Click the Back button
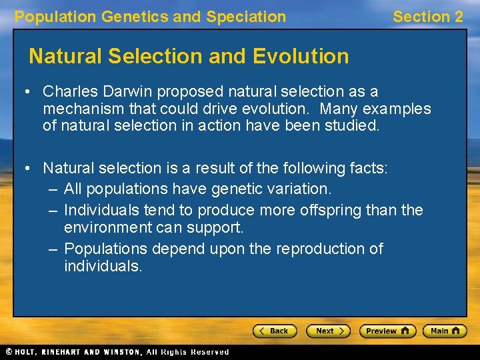click(x=274, y=331)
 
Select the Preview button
click(x=387, y=331)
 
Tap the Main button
click(x=445, y=331)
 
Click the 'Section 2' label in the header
click(x=427, y=17)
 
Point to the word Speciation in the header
click(x=246, y=17)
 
